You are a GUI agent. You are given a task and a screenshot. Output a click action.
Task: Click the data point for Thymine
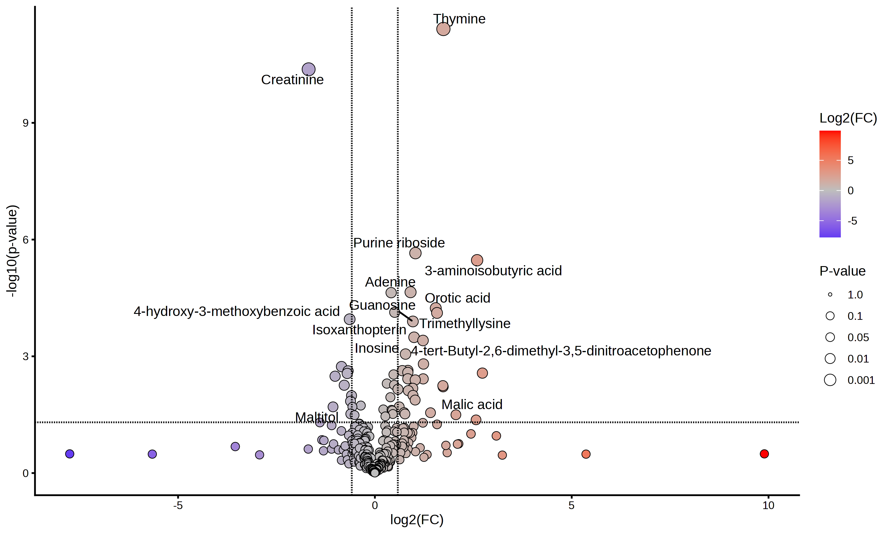443,29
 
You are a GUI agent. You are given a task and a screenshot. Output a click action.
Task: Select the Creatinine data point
308,69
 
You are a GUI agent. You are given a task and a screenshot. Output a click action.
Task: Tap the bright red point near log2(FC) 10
764,454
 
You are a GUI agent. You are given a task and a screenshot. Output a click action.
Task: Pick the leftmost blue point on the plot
69,454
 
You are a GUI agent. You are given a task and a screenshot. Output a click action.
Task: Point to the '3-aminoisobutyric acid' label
493,271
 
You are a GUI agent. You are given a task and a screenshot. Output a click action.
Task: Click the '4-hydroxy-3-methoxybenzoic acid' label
237,311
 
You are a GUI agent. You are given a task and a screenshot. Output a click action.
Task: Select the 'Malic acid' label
472,404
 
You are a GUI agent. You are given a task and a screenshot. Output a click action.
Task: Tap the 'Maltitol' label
317,417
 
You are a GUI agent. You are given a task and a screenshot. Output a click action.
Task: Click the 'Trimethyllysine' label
465,323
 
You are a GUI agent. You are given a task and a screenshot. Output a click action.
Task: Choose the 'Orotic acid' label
457,298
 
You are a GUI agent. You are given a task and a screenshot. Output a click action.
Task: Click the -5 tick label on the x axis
178,506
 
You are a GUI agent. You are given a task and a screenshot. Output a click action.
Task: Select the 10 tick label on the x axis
768,506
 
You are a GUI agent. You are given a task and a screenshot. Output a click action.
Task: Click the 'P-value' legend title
842,271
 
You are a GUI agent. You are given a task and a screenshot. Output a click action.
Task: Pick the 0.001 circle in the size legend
830,380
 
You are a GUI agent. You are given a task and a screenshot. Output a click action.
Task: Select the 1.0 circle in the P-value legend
830,295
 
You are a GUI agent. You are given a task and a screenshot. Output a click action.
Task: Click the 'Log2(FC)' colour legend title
848,118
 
